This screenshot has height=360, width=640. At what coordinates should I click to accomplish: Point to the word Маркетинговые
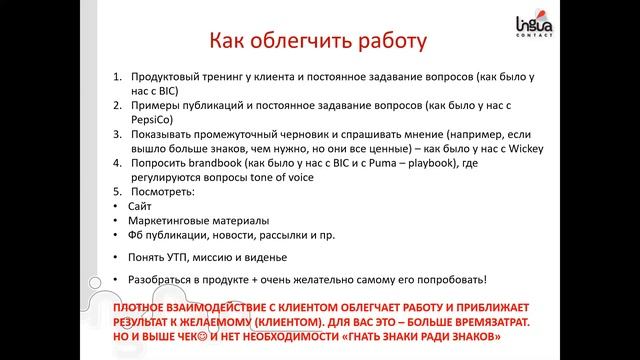pyautogui.click(x=170, y=220)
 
